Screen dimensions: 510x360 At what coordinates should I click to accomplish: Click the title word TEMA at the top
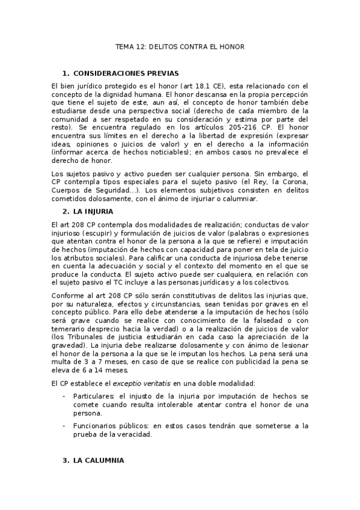(x=126, y=46)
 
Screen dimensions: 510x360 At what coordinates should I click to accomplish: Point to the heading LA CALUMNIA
(x=99, y=460)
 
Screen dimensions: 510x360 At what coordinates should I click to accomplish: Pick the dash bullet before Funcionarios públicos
(x=64, y=425)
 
